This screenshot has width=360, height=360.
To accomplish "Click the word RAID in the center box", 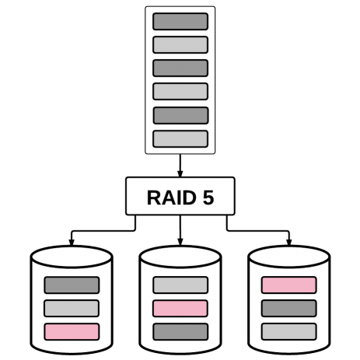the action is point(172,197).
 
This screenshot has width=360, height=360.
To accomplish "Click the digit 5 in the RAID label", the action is point(208,197).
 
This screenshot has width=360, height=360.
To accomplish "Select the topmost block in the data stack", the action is point(180,22).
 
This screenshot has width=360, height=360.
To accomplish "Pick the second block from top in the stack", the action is point(180,45).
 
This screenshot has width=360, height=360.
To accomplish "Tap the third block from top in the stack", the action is point(180,68).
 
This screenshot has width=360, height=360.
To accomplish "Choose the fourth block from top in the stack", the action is point(180,92).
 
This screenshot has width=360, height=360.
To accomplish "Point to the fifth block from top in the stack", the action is point(180,115).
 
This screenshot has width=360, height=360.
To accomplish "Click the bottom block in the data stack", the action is point(180,139).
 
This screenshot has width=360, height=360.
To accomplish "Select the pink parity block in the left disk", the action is point(72,332).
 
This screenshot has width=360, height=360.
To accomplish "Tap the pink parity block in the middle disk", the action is point(180,309).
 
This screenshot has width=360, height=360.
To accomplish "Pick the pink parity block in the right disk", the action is point(289,285).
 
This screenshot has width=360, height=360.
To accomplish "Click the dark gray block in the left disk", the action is point(72,285).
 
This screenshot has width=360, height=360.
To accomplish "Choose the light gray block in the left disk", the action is point(72,309).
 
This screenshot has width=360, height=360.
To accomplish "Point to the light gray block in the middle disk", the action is point(180,285).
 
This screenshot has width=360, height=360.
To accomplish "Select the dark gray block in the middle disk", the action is point(180,332).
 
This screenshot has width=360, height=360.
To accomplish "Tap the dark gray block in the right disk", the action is point(289,309).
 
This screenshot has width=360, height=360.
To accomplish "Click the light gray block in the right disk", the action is point(289,332).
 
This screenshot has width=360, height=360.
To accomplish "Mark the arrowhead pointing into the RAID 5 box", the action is point(180,173).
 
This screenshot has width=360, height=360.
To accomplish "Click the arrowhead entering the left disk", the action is point(72,242).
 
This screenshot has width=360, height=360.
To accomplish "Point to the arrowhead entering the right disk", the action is point(289,242).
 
